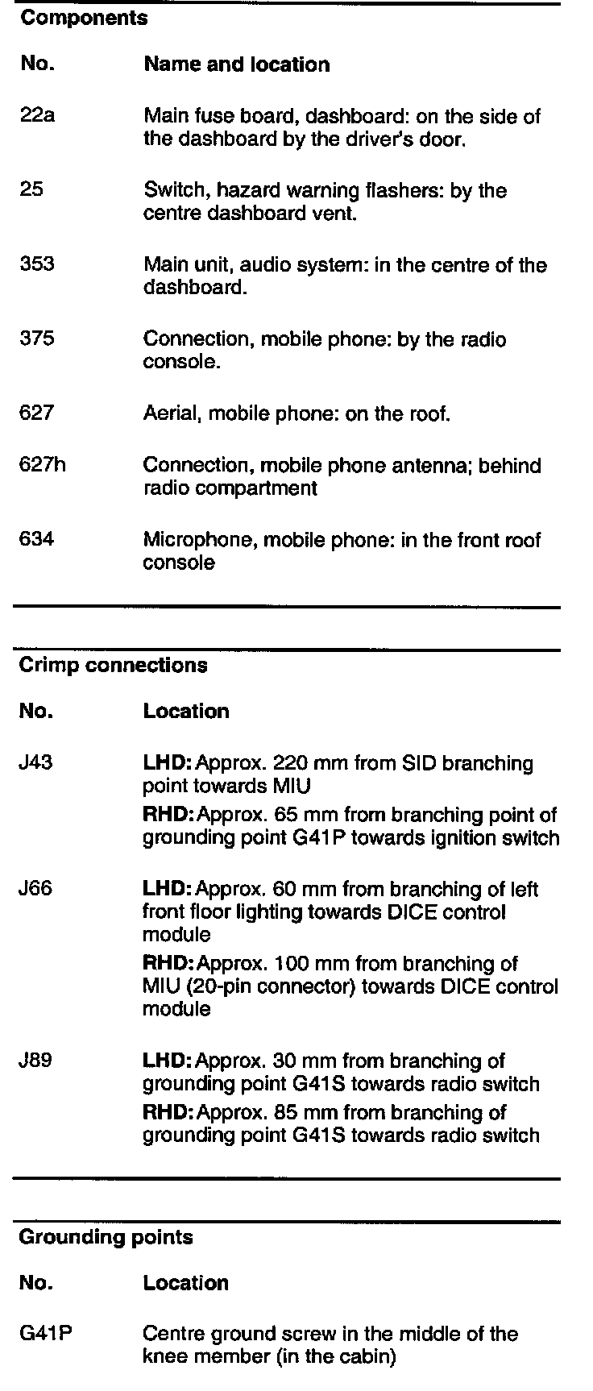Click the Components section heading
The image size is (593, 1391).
coord(84,19)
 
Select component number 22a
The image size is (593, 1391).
coord(37,116)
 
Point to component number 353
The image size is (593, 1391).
coord(37,264)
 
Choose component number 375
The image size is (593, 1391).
coord(37,339)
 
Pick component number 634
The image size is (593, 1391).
coord(37,539)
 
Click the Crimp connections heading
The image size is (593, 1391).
coord(113,666)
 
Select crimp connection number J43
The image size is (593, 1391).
coord(35,762)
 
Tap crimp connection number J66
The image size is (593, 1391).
coord(35,889)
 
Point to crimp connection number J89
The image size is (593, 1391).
coord(35,1061)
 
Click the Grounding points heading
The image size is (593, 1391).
coord(106,1237)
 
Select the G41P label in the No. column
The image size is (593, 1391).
coord(45,1334)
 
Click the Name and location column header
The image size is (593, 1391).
coord(237,65)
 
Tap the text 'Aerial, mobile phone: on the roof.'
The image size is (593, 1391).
coord(296,414)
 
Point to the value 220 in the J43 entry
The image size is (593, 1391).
coord(290,762)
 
